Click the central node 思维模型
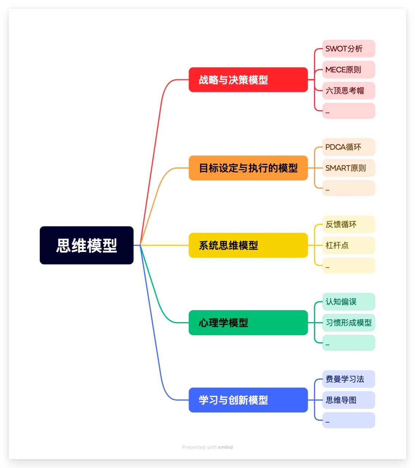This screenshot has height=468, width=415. tap(87, 245)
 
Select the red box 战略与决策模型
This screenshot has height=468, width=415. tap(248, 80)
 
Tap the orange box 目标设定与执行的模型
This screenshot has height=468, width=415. tap(248, 168)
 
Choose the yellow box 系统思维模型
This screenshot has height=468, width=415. tap(248, 245)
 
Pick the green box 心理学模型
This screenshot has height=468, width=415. tap(248, 323)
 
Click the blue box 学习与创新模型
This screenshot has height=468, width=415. tap(248, 400)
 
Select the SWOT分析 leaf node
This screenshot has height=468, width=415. tap(348, 49)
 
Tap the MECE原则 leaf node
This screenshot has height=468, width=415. tap(348, 69)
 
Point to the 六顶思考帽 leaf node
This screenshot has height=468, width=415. tap(348, 91)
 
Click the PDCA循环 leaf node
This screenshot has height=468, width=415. tap(348, 147)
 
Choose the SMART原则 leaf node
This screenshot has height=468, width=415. tap(348, 168)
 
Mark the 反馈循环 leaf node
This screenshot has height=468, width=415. tap(348, 224)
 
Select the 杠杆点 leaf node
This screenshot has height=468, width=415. tap(348, 245)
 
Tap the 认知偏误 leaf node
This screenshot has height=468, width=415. tap(348, 302)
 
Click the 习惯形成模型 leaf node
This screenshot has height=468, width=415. tap(348, 323)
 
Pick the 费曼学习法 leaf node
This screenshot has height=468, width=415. tap(348, 379)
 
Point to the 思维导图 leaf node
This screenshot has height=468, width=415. tap(348, 400)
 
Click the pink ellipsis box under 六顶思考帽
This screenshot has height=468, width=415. tap(348, 111)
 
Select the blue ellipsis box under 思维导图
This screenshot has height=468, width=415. tap(348, 420)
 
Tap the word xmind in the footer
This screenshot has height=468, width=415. tap(225, 447)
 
